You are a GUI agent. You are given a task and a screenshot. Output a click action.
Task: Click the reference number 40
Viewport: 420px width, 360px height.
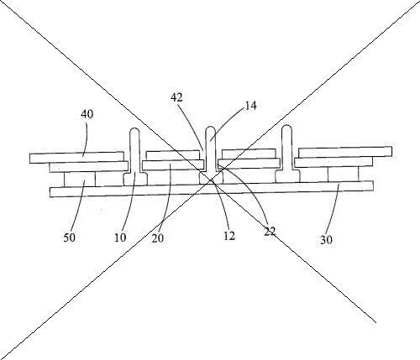click(x=87, y=114)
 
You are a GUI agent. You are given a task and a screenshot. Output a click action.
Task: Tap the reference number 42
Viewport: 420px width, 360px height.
click(x=176, y=97)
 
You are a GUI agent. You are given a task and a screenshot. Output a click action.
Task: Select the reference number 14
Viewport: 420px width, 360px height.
click(x=250, y=106)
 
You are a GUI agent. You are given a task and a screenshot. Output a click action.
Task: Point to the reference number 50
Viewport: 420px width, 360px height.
click(x=70, y=237)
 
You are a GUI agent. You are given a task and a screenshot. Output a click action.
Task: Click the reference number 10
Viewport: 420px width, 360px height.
click(x=120, y=237)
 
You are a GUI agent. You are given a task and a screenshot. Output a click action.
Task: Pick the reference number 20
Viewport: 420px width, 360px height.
click(x=158, y=238)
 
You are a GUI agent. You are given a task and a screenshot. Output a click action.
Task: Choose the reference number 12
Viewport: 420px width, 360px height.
click(x=229, y=237)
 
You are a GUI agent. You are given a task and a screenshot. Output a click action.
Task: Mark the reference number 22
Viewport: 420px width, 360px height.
click(x=270, y=232)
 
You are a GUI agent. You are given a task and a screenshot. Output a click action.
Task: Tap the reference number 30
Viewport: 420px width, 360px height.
click(x=326, y=240)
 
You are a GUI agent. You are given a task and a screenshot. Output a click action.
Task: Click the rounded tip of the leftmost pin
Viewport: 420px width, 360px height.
click(x=135, y=130)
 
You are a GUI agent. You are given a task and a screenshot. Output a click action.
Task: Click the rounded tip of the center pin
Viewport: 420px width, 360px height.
click(x=211, y=129)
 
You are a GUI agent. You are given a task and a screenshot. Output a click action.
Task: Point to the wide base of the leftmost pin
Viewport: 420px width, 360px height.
click(x=135, y=179)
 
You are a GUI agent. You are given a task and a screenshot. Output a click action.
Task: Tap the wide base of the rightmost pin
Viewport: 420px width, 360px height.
click(x=287, y=176)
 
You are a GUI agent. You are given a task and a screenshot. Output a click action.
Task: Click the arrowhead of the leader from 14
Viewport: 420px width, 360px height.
click(x=212, y=139)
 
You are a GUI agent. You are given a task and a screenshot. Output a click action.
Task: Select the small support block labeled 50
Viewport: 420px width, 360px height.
click(x=80, y=180)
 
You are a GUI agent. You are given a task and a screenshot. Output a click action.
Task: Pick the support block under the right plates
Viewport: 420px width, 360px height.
click(x=344, y=174)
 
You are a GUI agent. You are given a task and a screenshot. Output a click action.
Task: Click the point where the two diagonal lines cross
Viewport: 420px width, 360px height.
click(x=211, y=180)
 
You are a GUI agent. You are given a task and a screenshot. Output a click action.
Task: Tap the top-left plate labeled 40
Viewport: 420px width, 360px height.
click(x=76, y=158)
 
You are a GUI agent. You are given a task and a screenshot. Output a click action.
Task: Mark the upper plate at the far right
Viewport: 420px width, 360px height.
click(x=345, y=152)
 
